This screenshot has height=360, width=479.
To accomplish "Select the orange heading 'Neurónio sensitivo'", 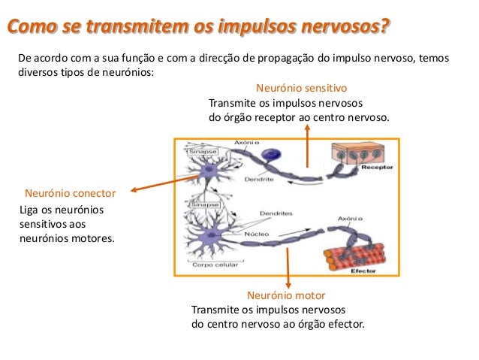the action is pos(301,87).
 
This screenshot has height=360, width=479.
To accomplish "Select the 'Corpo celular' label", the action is pos(215,265).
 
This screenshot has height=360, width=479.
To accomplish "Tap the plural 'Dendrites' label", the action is pos(276,213).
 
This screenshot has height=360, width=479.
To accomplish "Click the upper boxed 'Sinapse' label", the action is pos(202,150).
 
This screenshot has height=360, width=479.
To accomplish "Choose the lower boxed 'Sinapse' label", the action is pos(205,204).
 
